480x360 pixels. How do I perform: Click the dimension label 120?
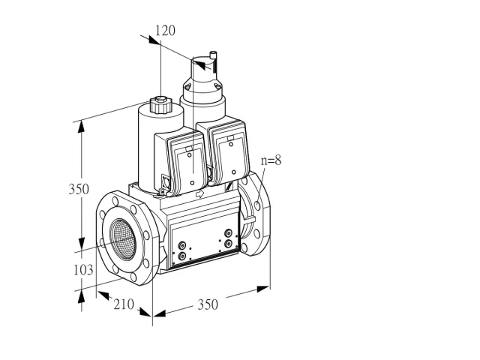(x=165, y=31)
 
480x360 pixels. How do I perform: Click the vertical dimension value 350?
(x=79, y=189)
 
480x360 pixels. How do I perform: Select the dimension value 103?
(x=83, y=270)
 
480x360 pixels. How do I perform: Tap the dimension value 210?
(x=124, y=304)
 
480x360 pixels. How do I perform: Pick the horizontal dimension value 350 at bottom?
(x=208, y=304)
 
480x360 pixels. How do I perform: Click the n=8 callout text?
(x=271, y=160)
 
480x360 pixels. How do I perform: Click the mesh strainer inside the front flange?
(x=123, y=239)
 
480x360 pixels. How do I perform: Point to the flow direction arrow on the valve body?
(x=199, y=193)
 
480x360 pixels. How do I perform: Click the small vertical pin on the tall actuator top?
(x=213, y=61)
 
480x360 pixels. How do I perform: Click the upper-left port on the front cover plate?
(x=182, y=245)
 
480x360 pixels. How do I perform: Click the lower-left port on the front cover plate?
(x=182, y=256)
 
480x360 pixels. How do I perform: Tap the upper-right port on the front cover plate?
(x=228, y=233)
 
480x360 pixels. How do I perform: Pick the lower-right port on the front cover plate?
(x=228, y=244)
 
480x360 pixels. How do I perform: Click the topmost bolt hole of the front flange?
(x=115, y=201)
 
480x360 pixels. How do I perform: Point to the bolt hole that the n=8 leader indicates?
(x=257, y=205)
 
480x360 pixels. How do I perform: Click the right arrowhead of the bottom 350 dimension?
(x=263, y=289)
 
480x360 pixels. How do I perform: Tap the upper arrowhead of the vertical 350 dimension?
(x=81, y=127)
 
